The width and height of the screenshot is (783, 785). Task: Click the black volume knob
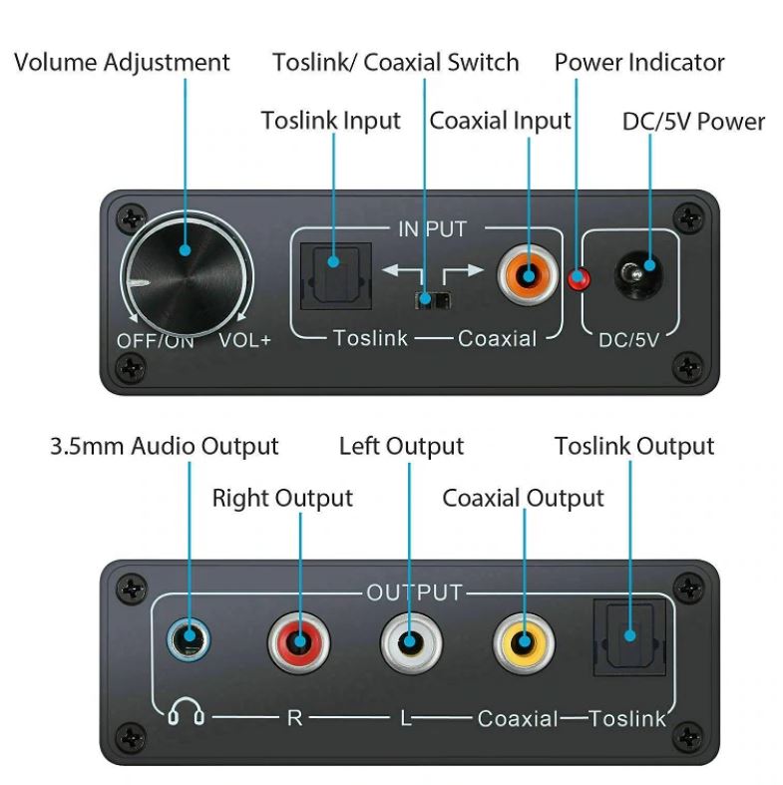[187, 277]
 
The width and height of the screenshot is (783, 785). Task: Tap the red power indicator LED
[579, 279]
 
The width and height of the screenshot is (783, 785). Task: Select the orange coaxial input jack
[528, 276]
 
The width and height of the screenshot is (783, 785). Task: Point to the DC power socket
[638, 274]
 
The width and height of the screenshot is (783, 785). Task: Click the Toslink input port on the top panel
[335, 276]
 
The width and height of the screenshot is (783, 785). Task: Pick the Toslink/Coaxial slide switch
[432, 300]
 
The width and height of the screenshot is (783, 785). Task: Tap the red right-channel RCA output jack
[299, 642]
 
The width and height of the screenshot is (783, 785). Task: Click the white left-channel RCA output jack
[411, 642]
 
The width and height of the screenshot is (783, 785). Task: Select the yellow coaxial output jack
[524, 642]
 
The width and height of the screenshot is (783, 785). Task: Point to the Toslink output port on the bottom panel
[629, 637]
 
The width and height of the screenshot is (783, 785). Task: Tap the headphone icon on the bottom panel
[186, 711]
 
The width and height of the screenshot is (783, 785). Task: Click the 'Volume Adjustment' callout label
[122, 64]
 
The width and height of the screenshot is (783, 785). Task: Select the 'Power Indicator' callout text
[639, 62]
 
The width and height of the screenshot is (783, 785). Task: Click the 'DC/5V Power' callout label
[693, 121]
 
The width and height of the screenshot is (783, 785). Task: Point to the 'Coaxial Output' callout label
[524, 498]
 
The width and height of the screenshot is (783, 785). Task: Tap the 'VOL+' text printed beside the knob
[244, 340]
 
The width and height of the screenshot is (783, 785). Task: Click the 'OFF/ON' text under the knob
[156, 341]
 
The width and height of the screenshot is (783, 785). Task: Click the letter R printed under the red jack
[294, 718]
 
